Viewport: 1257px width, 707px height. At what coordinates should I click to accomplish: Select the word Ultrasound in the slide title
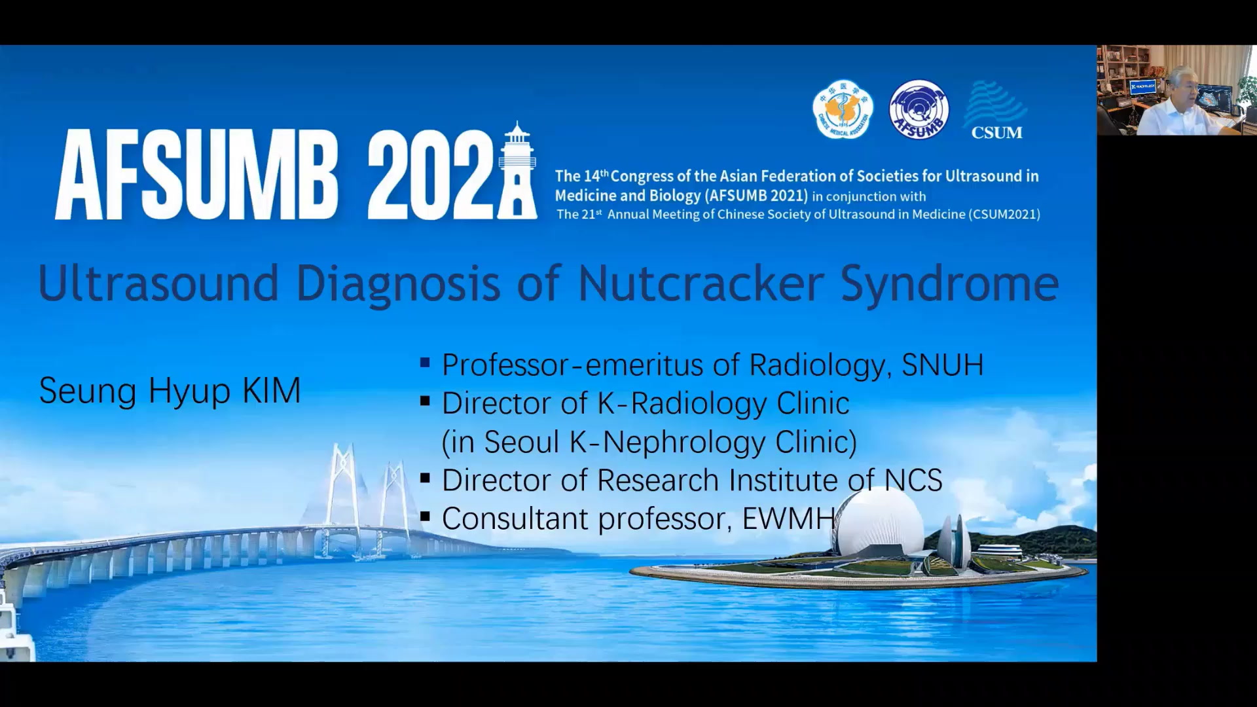tap(158, 283)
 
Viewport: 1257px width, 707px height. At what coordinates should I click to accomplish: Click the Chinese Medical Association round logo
tap(843, 110)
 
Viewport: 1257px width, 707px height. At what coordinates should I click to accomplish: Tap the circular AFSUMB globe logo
tap(919, 109)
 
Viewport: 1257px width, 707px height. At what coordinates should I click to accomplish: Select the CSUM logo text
tap(996, 132)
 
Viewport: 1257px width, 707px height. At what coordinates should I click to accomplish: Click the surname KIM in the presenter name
tap(271, 391)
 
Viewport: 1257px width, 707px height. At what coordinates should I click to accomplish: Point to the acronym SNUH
tap(942, 365)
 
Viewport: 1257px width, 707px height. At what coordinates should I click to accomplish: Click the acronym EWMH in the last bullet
tap(788, 518)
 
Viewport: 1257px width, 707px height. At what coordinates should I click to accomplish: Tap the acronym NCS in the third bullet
tap(913, 480)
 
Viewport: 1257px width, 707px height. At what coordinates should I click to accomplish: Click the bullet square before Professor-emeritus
tap(425, 362)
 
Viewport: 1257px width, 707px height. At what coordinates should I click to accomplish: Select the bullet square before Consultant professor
tap(425, 517)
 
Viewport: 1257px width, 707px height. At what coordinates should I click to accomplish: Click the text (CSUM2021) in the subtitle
tap(1004, 214)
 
